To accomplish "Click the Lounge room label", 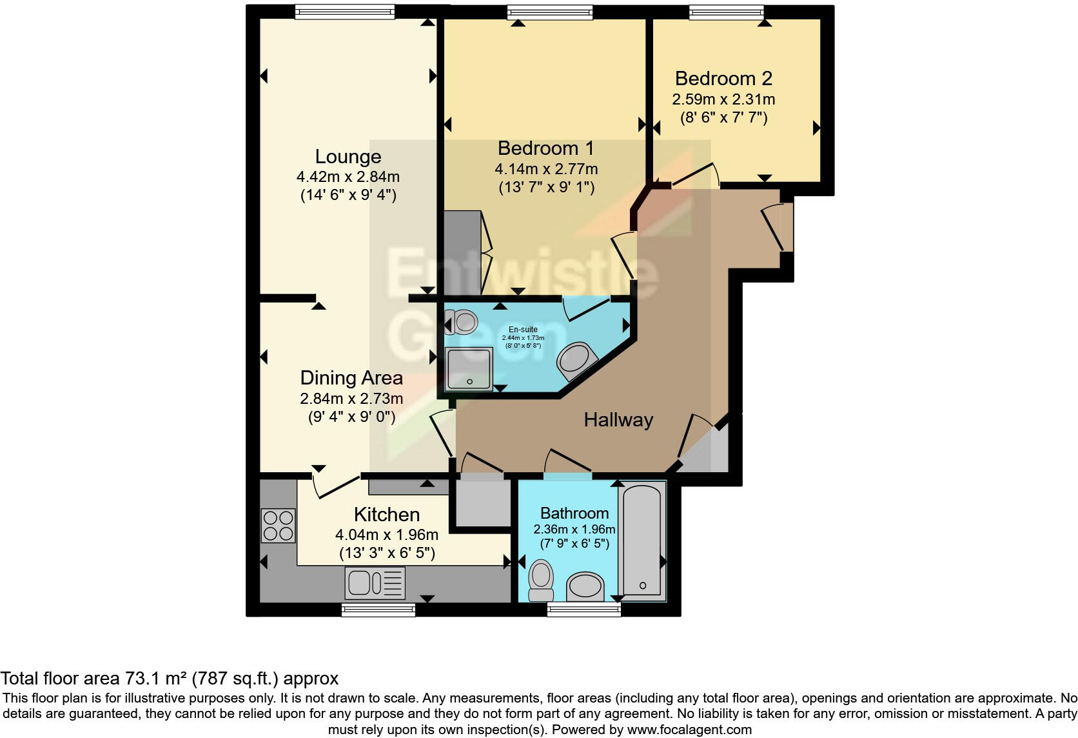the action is click(348, 157).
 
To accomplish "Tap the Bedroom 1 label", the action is click(545, 148).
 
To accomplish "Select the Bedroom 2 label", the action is click(723, 79).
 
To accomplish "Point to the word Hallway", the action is click(618, 421).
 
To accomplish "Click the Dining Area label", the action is click(351, 378).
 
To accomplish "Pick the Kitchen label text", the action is click(387, 515).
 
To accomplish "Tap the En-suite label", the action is click(523, 330).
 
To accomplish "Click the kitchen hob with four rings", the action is click(279, 526).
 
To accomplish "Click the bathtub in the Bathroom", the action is click(642, 541).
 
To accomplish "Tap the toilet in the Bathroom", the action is click(541, 579).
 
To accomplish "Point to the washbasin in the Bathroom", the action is click(585, 586).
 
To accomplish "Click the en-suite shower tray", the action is click(469, 369).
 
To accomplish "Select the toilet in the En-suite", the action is click(461, 321).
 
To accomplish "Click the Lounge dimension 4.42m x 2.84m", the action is click(348, 177).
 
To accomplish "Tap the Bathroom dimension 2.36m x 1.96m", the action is click(574, 530).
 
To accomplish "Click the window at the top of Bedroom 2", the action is click(726, 12).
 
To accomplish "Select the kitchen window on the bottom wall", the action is click(378, 609).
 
